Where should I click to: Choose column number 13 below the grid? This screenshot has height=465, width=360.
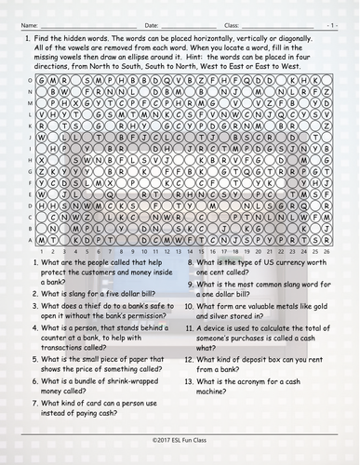point(176,250)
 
